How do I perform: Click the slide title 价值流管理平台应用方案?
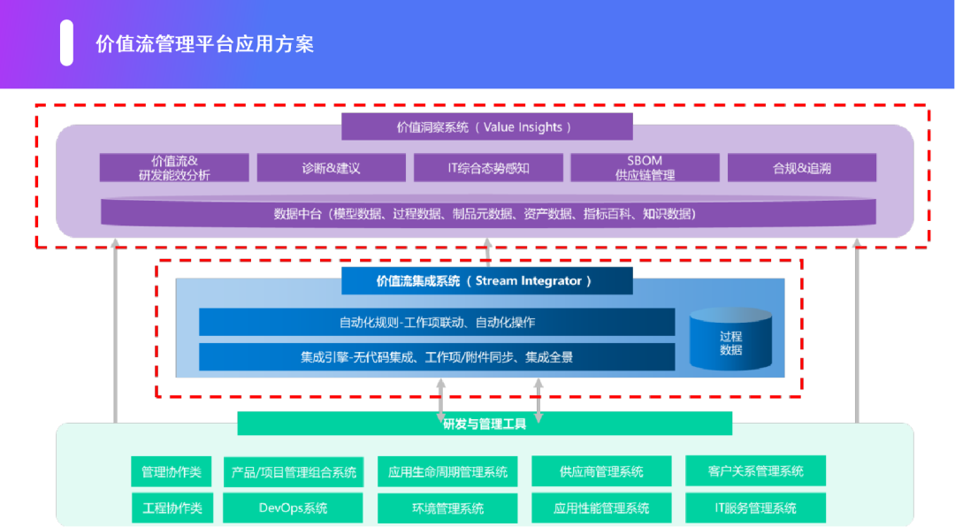pos(204,43)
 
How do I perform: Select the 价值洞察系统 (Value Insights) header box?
pos(487,126)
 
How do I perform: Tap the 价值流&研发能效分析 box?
pos(174,168)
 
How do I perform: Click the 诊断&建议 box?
pos(331,168)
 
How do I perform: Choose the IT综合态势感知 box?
pos(488,168)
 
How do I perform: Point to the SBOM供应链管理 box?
pos(645,168)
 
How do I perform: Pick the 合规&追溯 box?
pos(801,168)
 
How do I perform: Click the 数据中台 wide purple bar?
pos(488,213)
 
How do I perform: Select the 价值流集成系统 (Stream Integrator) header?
pos(487,281)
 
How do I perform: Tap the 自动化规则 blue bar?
pos(437,322)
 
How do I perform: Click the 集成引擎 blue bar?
pos(437,357)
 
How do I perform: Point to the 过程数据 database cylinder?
pos(730,340)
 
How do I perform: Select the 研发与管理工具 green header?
pos(485,424)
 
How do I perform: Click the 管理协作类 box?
pos(172,472)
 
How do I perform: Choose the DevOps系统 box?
pos(293,508)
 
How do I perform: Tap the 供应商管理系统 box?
pos(601,472)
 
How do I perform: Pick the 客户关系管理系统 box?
pos(755,471)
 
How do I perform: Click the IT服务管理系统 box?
pos(755,508)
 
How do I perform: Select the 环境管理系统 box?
pos(447,508)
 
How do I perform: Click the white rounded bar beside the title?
pos(66,43)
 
